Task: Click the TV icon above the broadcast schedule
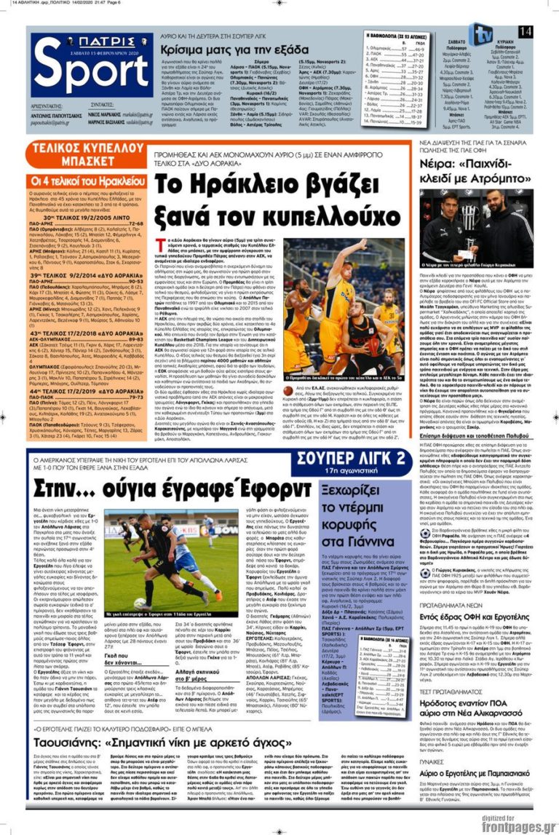coord(480,33)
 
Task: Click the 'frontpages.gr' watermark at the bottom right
coord(520,827)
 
